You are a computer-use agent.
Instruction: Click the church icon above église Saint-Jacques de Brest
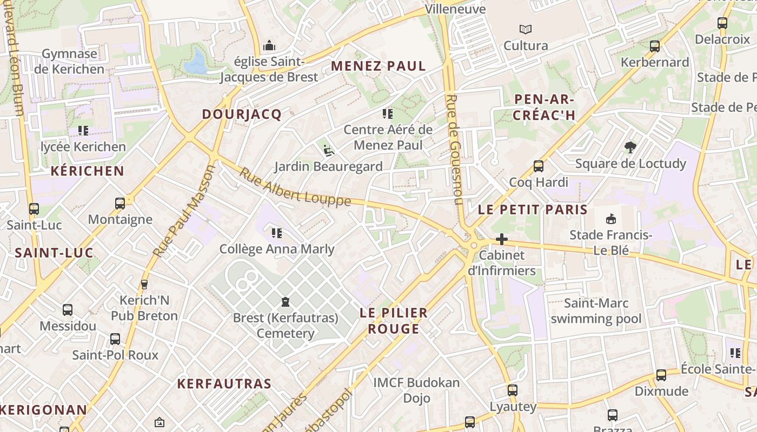coord(269,46)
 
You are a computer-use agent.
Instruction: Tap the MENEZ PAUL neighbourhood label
coord(378,66)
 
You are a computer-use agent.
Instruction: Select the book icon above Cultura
coord(525,30)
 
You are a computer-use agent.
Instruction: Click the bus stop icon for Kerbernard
coord(655,46)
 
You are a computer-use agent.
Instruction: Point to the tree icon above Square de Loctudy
coord(630,147)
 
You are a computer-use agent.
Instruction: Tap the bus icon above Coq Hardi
coord(539,166)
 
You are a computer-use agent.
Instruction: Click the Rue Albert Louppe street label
coord(295,188)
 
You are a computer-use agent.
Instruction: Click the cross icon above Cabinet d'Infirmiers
coord(502,239)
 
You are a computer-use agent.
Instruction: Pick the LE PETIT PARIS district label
coord(533,210)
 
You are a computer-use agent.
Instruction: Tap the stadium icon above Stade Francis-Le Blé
coord(611,219)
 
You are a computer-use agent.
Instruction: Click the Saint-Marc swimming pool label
coord(596,311)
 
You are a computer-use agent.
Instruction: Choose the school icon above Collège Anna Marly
coord(277,233)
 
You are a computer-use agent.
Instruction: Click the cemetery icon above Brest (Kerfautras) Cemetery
coord(285,301)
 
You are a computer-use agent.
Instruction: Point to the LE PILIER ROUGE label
coord(394,321)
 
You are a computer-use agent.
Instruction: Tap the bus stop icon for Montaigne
coord(120,204)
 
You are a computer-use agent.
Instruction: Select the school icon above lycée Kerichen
coord(83,131)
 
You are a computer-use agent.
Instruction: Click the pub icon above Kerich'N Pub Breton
coord(144,284)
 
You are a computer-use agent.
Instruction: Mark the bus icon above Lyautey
coord(513,390)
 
